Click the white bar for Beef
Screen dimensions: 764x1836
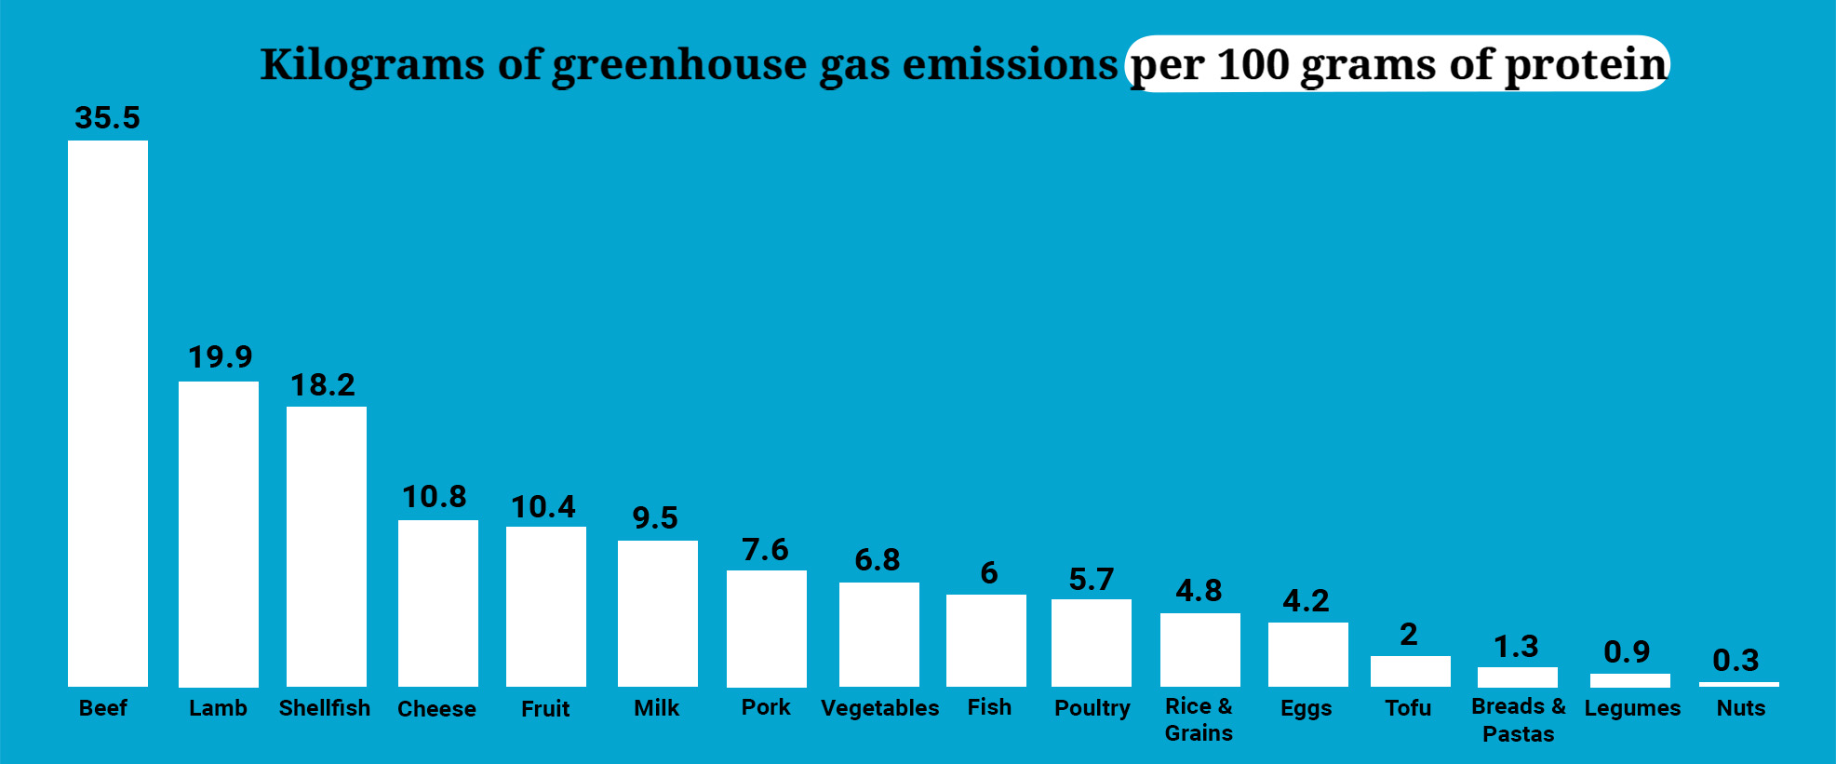tap(108, 413)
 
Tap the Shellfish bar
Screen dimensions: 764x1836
tap(327, 546)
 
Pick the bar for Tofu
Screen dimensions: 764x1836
tap(1410, 671)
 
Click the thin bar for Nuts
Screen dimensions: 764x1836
tap(1738, 684)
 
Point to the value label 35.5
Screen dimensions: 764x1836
tap(108, 118)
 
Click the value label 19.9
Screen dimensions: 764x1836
tap(221, 357)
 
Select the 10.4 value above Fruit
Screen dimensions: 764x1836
tap(543, 507)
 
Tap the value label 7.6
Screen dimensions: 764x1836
tap(765, 550)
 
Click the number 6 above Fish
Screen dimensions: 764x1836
tap(989, 573)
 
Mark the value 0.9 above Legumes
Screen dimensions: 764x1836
tap(1627, 651)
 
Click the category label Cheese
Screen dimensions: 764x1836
tap(436, 709)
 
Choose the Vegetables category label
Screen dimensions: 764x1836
tap(879, 708)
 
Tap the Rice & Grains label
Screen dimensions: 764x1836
tap(1199, 719)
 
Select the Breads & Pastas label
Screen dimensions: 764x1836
tap(1519, 719)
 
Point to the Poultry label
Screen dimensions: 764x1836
tap(1092, 708)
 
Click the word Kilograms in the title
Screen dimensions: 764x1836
tap(372, 65)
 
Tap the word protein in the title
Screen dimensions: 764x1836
tap(1586, 65)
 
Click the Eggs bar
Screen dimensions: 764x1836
tap(1307, 654)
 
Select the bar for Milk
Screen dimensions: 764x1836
tap(658, 613)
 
